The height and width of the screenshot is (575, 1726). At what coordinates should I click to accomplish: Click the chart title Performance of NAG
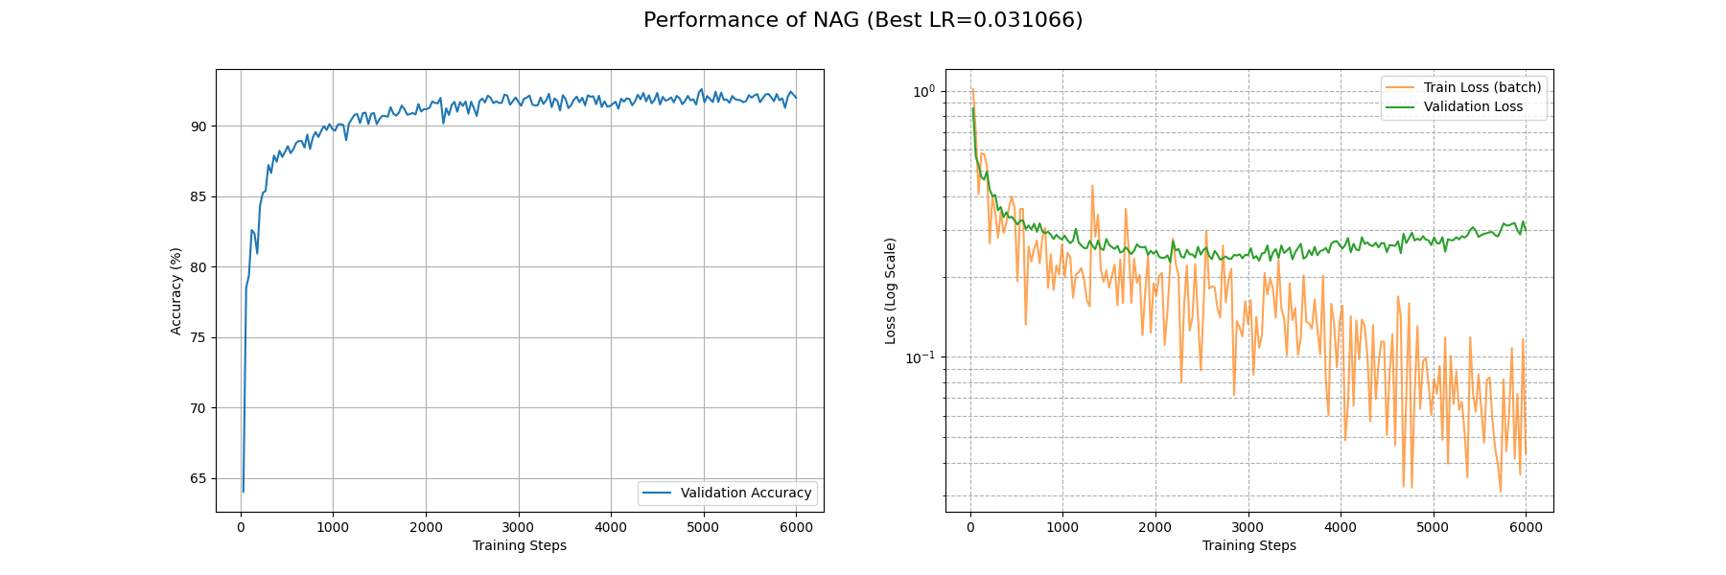(x=862, y=20)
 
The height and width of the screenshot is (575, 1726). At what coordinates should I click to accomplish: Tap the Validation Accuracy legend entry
(x=745, y=494)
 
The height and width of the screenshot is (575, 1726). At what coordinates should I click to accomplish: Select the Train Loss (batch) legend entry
(x=1481, y=87)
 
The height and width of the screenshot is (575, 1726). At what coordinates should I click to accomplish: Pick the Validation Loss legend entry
(x=1472, y=106)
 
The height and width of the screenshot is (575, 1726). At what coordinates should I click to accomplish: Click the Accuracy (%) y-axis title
(x=176, y=290)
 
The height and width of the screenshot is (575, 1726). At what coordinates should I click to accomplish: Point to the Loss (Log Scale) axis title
(x=891, y=290)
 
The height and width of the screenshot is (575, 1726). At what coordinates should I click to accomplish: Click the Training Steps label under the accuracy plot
(x=519, y=546)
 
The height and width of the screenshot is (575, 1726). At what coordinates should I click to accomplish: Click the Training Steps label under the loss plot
(x=1248, y=546)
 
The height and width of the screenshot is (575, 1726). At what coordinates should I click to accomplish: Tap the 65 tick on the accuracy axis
(x=198, y=478)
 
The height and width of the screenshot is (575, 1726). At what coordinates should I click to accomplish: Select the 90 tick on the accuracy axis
(x=198, y=126)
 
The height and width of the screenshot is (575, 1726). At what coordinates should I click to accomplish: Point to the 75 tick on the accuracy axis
(x=198, y=337)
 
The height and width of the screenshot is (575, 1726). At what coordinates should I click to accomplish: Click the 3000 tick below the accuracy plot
(x=518, y=527)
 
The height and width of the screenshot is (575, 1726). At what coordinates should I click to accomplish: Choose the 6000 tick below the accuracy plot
(x=796, y=527)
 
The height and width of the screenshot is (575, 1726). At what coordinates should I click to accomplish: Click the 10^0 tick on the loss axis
(x=922, y=92)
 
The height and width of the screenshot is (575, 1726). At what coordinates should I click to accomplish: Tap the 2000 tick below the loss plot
(x=1155, y=527)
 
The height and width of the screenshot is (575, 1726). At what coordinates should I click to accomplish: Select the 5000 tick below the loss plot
(x=1433, y=527)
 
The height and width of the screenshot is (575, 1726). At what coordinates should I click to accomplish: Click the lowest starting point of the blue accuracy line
(x=244, y=492)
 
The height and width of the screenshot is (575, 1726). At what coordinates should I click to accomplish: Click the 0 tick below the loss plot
(x=970, y=527)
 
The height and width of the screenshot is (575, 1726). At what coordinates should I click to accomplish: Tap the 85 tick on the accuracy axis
(x=198, y=196)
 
